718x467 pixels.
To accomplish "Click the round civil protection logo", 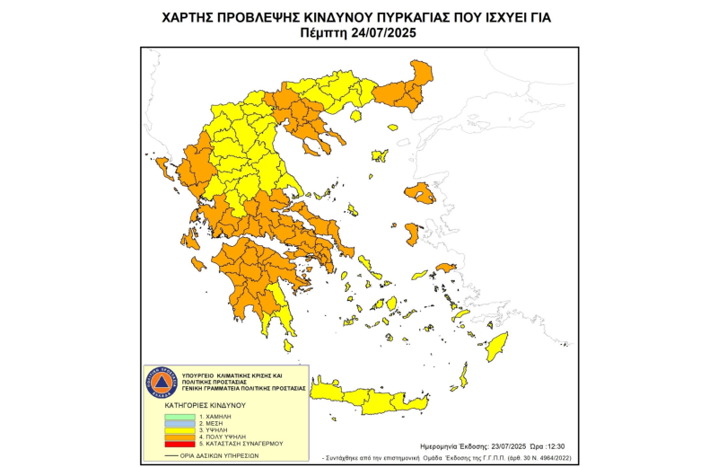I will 162,383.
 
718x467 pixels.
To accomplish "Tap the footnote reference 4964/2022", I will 550,457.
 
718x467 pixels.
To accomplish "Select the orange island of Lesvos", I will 419,192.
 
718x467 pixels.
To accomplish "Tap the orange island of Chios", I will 412,234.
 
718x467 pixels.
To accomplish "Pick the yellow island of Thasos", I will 355,115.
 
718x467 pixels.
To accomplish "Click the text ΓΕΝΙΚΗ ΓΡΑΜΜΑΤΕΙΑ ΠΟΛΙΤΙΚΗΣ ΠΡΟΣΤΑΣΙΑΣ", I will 243,388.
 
